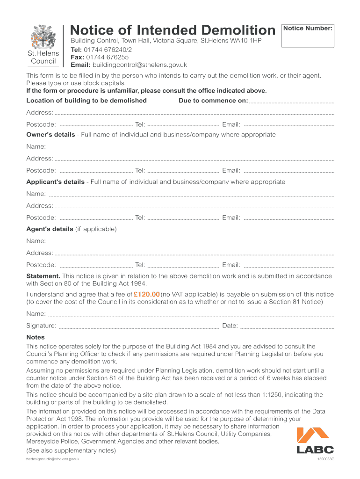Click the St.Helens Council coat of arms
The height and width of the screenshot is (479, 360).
43,38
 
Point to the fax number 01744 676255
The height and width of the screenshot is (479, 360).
107,57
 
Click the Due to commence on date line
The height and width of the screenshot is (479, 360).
292,102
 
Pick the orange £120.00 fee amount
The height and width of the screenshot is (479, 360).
147,294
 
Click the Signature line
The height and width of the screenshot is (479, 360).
139,327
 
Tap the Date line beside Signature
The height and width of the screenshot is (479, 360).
287,327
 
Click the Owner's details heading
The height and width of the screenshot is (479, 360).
50,135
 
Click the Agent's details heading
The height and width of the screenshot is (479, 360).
50,229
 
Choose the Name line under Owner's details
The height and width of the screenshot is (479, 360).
192,148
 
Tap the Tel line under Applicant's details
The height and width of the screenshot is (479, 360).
183,219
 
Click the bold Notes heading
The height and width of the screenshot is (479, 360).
36,337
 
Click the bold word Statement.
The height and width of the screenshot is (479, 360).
43,276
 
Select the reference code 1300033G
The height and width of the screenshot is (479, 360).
326,459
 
